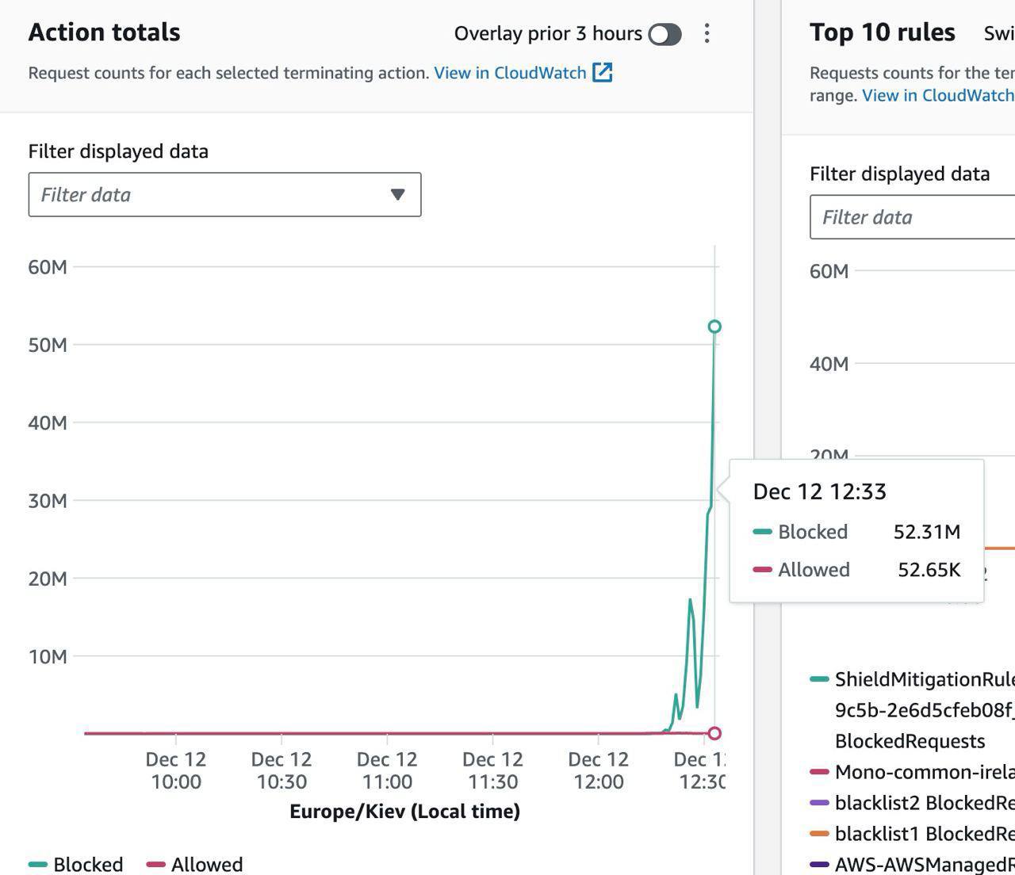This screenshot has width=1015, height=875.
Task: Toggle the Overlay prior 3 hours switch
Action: point(665,34)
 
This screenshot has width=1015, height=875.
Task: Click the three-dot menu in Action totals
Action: point(707,33)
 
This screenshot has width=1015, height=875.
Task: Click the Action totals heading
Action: point(104,32)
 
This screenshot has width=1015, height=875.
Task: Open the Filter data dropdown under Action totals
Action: point(224,194)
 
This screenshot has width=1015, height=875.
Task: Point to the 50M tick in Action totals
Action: point(48,345)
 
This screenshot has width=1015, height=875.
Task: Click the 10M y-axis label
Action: point(48,656)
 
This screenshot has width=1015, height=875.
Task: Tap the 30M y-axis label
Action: point(48,501)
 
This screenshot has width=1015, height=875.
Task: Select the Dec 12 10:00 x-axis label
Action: point(175,770)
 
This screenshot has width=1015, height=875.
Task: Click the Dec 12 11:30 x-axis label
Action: point(492,770)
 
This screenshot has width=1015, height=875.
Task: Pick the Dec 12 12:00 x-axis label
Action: point(598,770)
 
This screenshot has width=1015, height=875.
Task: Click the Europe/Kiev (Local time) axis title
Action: point(404,812)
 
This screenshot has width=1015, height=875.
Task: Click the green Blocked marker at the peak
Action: point(714,327)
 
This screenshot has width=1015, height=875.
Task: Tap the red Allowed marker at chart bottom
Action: point(714,733)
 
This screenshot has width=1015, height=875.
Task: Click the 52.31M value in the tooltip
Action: point(926,532)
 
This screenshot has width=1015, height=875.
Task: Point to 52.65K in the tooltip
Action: point(929,570)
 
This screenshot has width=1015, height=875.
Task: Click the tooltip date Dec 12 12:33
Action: point(819,491)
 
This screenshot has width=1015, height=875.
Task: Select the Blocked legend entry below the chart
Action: point(76,864)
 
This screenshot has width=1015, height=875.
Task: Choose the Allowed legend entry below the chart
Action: point(195,864)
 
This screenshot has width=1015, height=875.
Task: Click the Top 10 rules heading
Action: point(882,32)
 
